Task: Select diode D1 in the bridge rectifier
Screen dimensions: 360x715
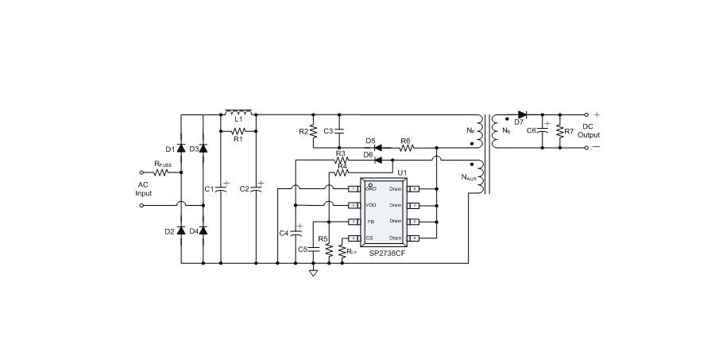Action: [180, 149]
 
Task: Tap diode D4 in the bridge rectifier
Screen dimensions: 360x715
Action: [203, 230]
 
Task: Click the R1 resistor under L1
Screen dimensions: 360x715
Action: [238, 130]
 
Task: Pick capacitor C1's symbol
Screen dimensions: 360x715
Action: [219, 189]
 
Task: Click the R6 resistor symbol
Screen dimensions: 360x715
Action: [405, 148]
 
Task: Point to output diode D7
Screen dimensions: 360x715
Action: [522, 114]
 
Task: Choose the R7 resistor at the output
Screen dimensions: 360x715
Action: [560, 130]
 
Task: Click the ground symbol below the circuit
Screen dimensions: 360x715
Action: [313, 273]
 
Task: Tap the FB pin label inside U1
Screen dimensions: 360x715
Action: [370, 221]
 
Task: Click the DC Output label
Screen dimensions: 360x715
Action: [589, 130]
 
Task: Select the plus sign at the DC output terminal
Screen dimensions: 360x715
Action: [597, 114]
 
